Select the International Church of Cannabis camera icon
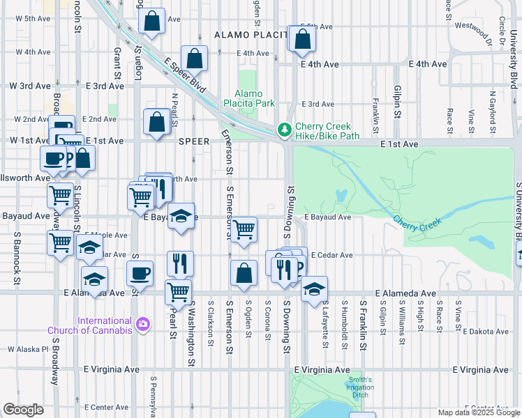[144, 324]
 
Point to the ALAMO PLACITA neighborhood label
[251, 35]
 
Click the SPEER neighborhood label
[194, 141]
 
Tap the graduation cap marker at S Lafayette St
[315, 288]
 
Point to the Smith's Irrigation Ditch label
[361, 387]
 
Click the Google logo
[24, 410]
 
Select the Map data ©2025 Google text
[478, 412]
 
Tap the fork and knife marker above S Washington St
[181, 263]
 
